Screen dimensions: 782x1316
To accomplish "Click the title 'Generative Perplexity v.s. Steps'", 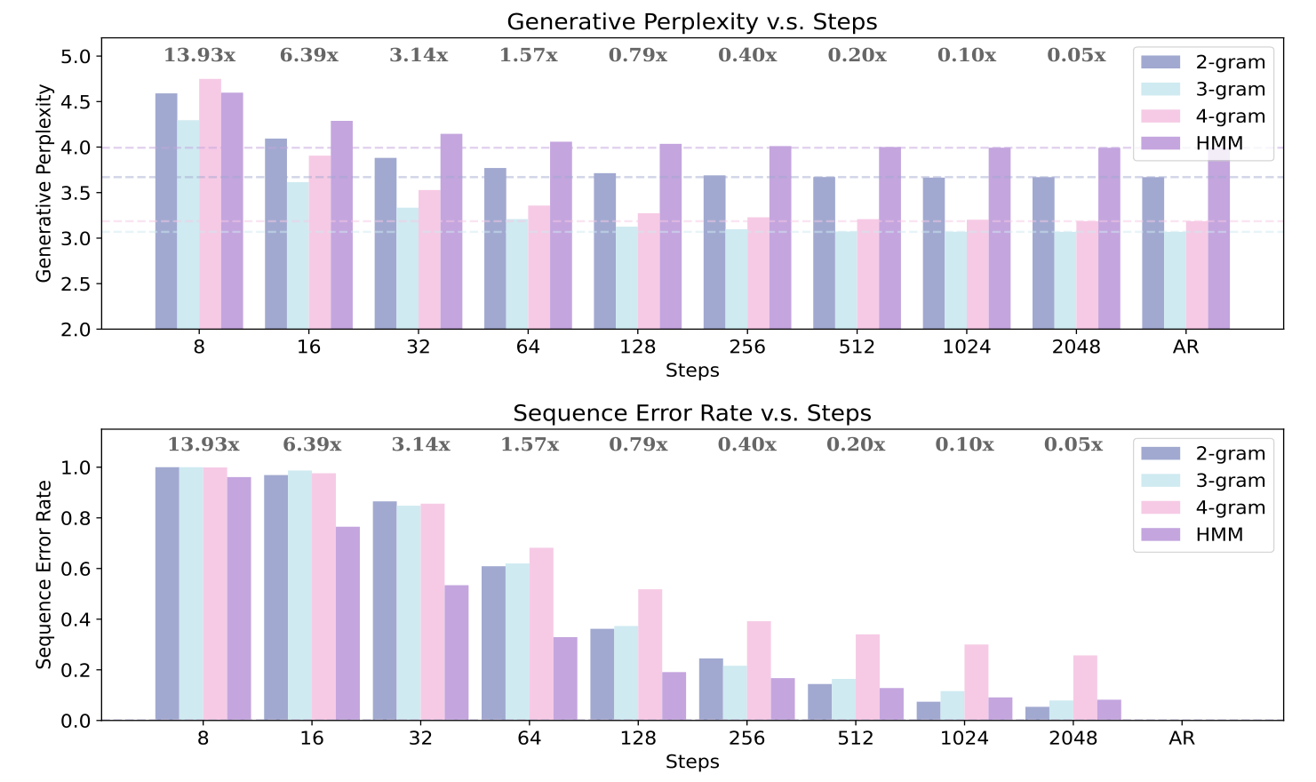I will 692,21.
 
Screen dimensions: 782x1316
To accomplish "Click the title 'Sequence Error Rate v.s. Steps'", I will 692,413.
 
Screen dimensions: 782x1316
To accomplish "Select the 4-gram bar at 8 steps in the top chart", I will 210,203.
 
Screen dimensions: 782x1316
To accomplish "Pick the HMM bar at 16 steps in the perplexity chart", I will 341,225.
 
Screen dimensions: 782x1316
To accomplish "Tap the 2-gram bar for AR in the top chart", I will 1152,252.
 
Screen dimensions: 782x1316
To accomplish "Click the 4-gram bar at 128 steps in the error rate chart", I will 650,654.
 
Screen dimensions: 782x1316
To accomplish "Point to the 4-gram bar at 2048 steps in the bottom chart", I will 1085,687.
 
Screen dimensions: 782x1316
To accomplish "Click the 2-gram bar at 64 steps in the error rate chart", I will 493,642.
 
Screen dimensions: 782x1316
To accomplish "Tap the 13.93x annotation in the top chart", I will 199,56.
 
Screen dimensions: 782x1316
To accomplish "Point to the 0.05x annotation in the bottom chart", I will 1073,444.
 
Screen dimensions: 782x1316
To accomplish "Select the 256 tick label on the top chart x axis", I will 747,347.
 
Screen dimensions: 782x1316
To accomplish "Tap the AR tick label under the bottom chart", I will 1182,738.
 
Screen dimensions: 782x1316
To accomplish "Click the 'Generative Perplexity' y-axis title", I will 44,183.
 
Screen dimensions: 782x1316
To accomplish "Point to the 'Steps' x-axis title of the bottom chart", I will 692,762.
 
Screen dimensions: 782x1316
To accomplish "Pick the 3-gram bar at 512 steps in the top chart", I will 846,280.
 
